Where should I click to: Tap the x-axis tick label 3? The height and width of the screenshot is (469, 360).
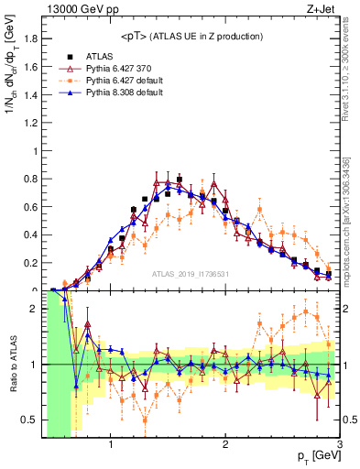[339, 444]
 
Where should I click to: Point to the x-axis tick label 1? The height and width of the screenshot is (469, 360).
[110, 444]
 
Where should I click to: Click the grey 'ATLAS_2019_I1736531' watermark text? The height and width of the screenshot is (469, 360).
[190, 274]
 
